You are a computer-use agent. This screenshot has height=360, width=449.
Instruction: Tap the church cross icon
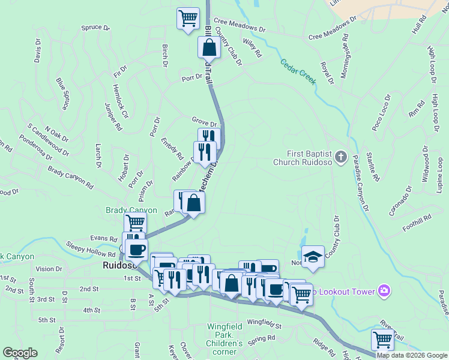(341, 157)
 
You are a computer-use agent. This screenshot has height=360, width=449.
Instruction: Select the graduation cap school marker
(312, 257)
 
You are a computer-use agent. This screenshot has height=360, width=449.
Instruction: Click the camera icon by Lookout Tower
(384, 292)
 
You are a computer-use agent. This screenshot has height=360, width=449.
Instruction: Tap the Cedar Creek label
(297, 71)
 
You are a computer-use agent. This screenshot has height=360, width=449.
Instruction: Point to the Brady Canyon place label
(131, 210)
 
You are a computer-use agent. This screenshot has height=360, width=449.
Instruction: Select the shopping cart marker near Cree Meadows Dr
(188, 17)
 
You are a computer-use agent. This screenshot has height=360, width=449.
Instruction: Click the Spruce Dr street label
(95, 28)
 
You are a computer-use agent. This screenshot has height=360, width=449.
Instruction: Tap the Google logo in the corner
(20, 353)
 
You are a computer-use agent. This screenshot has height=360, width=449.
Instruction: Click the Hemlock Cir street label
(121, 101)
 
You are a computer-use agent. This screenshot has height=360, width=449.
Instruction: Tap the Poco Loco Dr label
(382, 112)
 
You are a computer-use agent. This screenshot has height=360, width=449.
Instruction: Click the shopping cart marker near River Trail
(382, 340)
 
